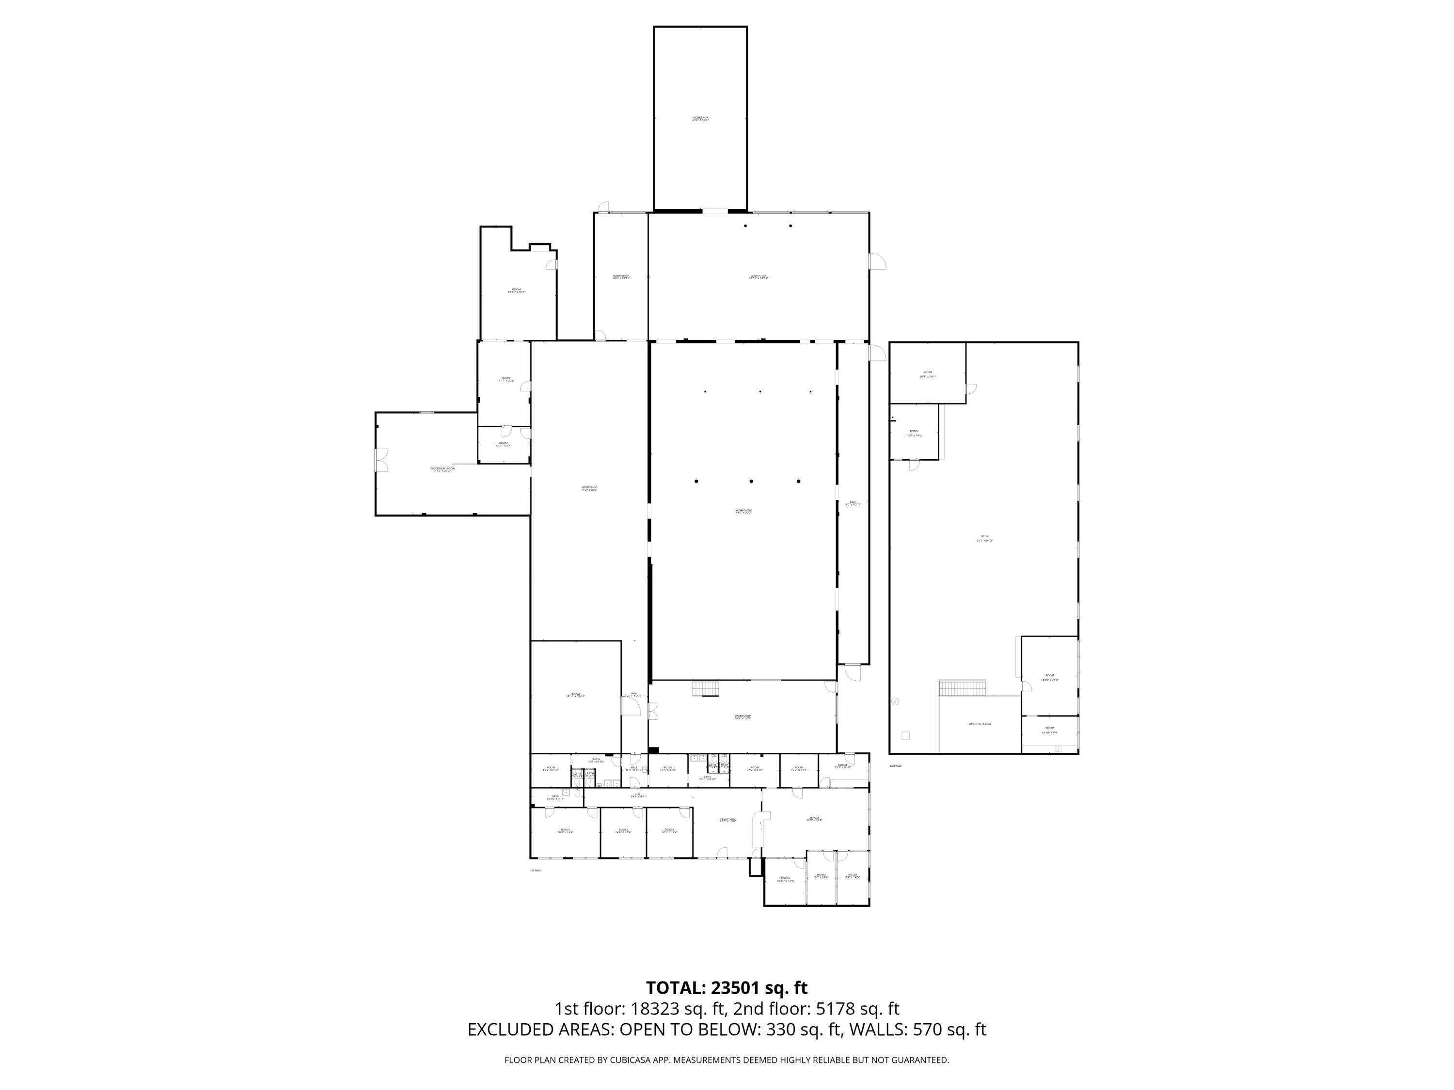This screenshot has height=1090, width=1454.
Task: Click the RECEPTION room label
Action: click(727, 819)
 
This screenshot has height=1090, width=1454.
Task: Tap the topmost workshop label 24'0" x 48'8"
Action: click(700, 119)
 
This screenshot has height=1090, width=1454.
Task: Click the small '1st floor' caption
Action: click(535, 871)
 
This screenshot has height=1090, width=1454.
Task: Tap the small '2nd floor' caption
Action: click(895, 766)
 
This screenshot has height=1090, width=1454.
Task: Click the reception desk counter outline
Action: click(762, 829)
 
